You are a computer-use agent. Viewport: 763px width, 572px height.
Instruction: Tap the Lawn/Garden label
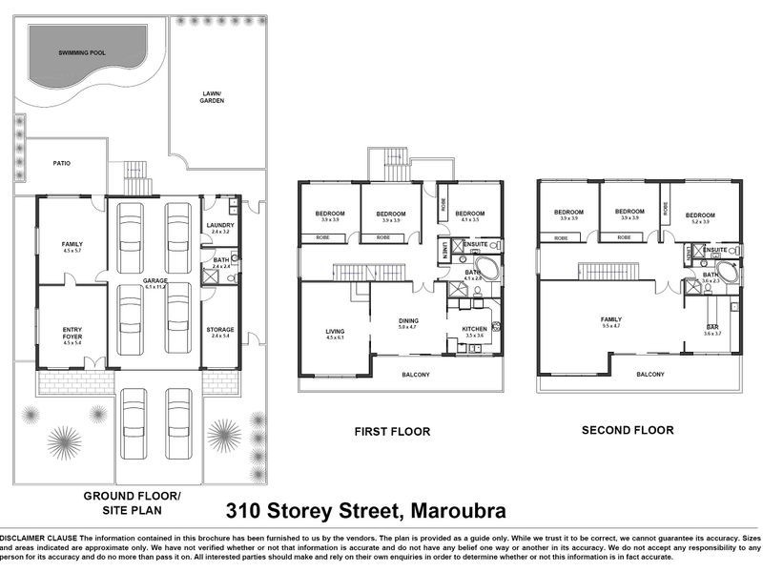click(212, 96)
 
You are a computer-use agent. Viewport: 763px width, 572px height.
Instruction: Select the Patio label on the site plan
click(62, 163)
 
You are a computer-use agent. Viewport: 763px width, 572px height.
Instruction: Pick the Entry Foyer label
click(72, 333)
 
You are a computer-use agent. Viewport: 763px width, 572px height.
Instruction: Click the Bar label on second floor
click(711, 327)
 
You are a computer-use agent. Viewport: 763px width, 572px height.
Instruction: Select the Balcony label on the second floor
click(650, 375)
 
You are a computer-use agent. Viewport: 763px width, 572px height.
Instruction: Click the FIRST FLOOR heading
click(392, 432)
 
